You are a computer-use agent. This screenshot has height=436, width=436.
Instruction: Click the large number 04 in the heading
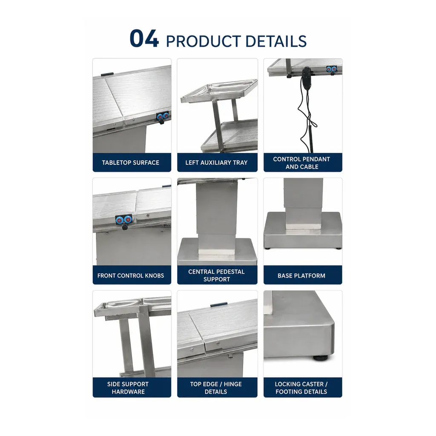[144, 39]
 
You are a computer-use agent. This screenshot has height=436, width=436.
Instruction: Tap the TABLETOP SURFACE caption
[130, 163]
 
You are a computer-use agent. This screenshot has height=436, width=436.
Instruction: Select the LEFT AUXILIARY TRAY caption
[216, 163]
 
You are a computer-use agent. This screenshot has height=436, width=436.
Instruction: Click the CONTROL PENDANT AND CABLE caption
[302, 163]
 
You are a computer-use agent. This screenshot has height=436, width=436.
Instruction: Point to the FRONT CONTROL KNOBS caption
[131, 276]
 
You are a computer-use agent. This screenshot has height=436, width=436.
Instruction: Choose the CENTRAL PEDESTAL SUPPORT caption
[216, 275]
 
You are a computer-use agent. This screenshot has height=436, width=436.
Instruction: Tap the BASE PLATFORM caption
[301, 276]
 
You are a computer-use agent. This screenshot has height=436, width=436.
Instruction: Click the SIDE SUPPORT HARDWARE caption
[128, 388]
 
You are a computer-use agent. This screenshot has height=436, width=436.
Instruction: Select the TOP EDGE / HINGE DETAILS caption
[216, 388]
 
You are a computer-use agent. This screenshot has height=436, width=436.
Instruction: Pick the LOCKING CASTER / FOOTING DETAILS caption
[301, 388]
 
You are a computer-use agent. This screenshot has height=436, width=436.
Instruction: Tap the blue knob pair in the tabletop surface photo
[163, 116]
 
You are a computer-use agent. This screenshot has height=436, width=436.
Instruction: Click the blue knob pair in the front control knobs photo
[124, 220]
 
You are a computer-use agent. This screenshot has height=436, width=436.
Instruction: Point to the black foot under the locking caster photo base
[320, 358]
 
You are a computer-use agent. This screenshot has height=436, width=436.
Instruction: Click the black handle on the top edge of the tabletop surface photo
[107, 74]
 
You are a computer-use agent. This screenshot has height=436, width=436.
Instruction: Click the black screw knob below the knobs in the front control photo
[125, 228]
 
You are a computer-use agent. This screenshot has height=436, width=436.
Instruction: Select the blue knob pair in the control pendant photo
[331, 69]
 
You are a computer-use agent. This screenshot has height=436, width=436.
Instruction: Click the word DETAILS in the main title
[276, 41]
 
